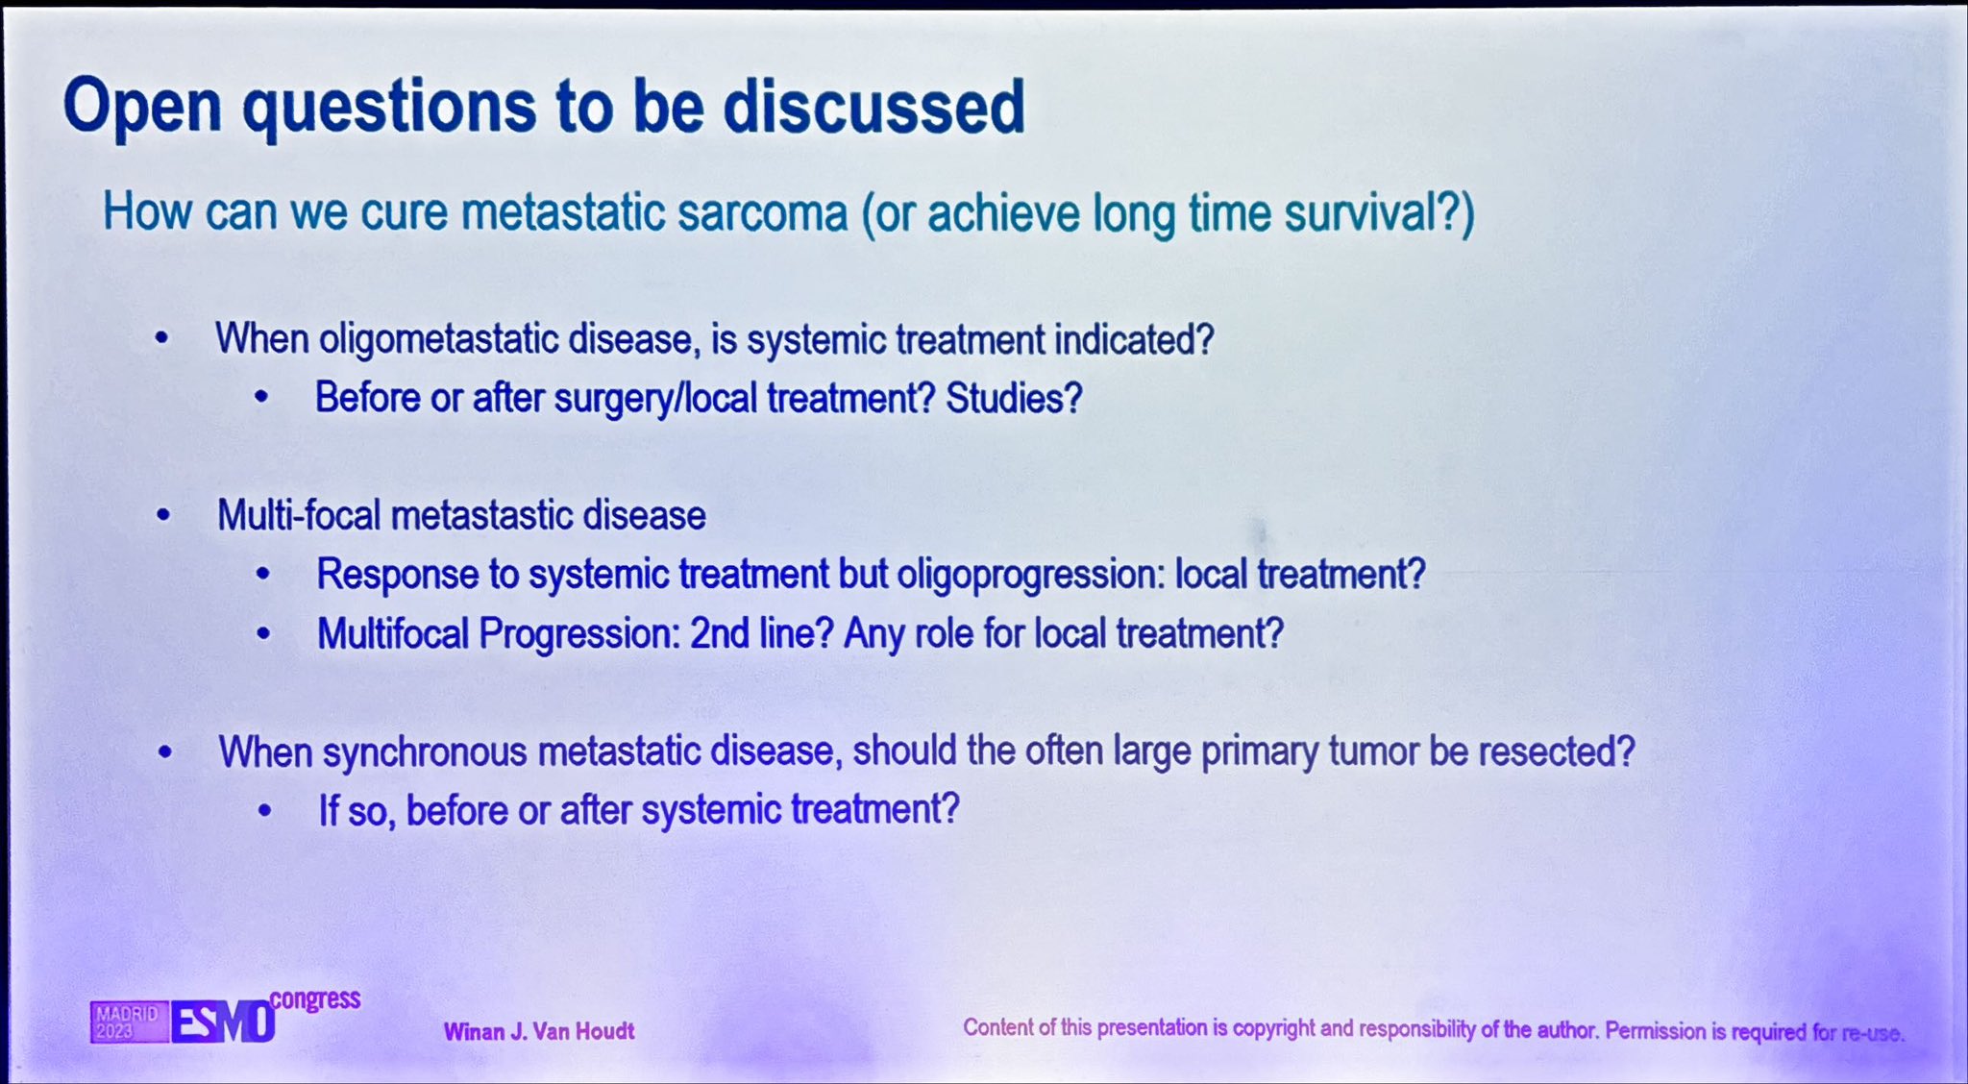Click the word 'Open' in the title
[x=143, y=108]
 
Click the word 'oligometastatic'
[x=438, y=340]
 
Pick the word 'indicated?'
[x=1134, y=339]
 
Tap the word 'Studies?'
[x=1014, y=398]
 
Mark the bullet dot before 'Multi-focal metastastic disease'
[x=163, y=516]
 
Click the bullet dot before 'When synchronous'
[x=165, y=752]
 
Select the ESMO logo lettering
[x=223, y=1022]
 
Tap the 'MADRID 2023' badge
[x=129, y=1022]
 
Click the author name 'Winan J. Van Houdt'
[x=539, y=1032]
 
